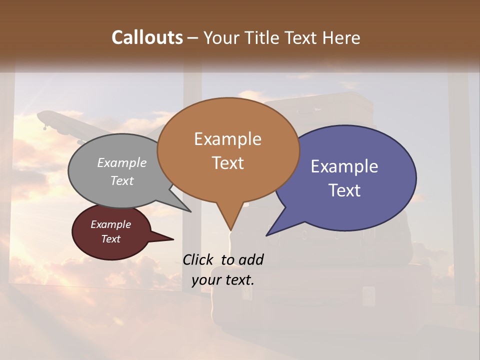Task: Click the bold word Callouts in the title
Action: coord(147,37)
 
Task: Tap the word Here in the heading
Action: coord(342,37)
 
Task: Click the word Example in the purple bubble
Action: coord(344,166)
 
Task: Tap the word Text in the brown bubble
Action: coord(227,163)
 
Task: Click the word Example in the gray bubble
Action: coord(121,162)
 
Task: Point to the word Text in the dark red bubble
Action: coord(110,239)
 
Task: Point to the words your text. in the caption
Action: coord(223,280)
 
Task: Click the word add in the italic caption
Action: coord(251,259)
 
